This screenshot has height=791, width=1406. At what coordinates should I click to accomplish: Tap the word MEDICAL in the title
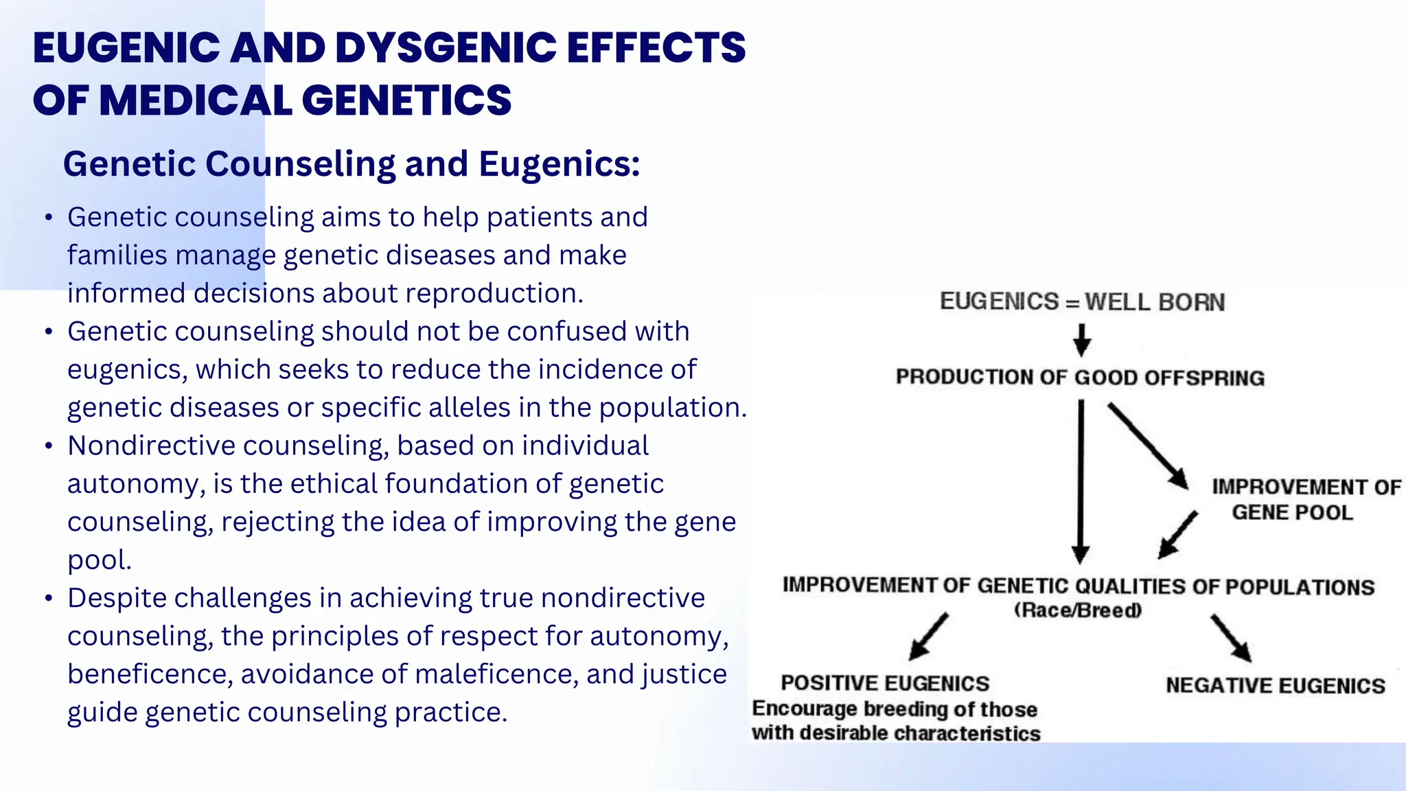click(x=196, y=100)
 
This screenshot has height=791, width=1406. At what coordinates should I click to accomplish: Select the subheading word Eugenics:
click(x=559, y=164)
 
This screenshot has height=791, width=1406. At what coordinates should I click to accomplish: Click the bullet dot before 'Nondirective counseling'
click(x=48, y=446)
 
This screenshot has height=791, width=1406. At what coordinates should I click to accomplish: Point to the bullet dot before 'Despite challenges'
click(x=48, y=599)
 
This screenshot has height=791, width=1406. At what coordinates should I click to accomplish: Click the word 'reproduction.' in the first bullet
click(x=494, y=293)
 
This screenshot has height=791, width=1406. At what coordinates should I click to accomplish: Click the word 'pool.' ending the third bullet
click(x=99, y=560)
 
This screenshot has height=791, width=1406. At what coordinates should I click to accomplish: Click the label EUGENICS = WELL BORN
click(x=1082, y=302)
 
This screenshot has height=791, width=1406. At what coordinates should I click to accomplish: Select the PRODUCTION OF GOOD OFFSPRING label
click(x=1080, y=378)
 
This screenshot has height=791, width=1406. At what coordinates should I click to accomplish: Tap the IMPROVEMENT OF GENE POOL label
click(x=1304, y=500)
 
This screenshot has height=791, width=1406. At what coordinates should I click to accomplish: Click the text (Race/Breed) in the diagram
click(x=1078, y=610)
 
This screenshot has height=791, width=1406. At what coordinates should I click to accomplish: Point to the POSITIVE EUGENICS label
click(x=885, y=684)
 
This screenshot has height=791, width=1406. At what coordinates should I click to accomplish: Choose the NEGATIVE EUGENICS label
click(x=1275, y=686)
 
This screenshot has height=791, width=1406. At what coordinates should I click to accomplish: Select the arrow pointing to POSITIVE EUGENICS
click(x=928, y=637)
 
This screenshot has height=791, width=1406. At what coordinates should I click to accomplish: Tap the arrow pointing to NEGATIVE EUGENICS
click(x=1231, y=638)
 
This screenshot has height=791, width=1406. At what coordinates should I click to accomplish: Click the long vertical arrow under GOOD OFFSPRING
click(x=1081, y=481)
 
